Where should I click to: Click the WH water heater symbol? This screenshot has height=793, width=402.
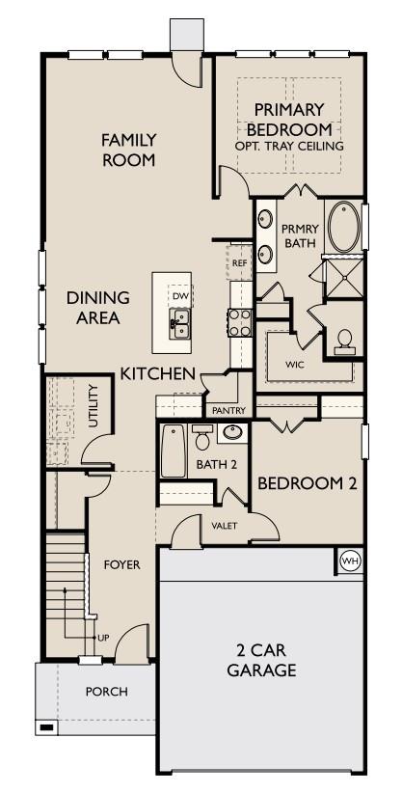[349, 559]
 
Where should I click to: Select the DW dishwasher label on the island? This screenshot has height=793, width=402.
[179, 295]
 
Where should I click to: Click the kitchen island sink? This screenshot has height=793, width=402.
[179, 322]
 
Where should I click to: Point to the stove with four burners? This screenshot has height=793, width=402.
[239, 322]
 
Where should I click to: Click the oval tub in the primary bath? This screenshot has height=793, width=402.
[342, 226]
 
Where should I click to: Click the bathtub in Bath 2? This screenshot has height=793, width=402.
[174, 451]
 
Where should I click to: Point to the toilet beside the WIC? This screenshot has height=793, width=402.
[344, 340]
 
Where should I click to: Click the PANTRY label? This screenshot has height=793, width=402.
[229, 410]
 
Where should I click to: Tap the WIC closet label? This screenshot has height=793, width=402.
[296, 366]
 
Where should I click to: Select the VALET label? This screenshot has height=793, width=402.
[224, 525]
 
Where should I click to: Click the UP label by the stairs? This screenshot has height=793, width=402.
[102, 638]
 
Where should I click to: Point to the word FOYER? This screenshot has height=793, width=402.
[122, 564]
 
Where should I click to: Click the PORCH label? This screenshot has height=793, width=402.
[106, 691]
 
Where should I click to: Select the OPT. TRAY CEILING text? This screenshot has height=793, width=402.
[288, 146]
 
